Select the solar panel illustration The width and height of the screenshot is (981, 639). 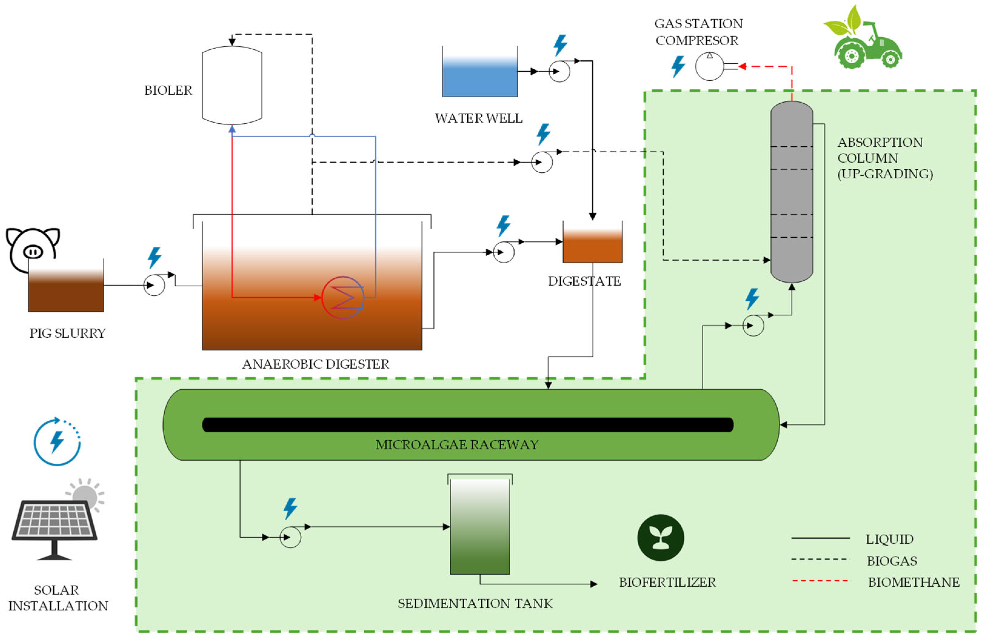click(x=55, y=523)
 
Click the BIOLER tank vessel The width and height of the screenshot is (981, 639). click(x=232, y=86)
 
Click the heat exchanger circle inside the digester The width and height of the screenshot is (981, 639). click(x=342, y=297)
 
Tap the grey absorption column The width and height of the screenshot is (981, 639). click(x=791, y=192)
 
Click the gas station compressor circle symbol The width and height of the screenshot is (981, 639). click(x=709, y=66)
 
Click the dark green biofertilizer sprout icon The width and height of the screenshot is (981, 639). click(x=660, y=538)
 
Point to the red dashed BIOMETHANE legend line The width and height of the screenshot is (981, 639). click(x=820, y=581)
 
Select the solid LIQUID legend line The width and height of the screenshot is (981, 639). click(x=820, y=538)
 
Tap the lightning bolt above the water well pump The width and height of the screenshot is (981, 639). click(x=560, y=45)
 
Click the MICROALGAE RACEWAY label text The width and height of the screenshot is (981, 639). click(x=457, y=445)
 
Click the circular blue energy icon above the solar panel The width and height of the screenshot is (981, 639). click(x=57, y=442)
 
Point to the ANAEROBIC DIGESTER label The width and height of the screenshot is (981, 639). click(x=315, y=364)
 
